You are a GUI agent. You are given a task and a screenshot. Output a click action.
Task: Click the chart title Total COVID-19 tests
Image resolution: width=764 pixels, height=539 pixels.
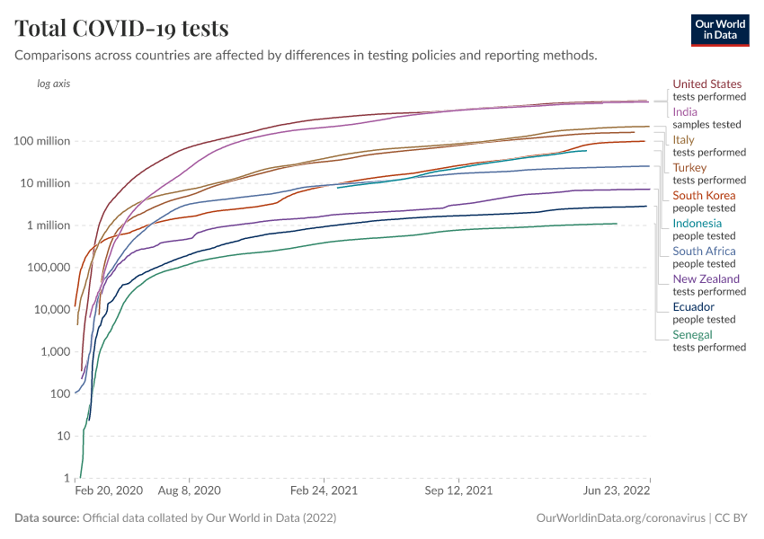tap(121, 28)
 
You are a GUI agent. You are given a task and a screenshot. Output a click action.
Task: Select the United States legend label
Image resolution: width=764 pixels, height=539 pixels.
tap(707, 84)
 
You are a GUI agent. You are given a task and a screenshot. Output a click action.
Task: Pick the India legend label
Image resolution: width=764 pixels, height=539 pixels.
tap(686, 112)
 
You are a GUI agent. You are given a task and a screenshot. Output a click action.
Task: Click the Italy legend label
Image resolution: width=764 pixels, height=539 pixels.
tap(684, 140)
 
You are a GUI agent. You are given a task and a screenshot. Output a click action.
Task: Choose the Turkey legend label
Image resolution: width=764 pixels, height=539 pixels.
tap(690, 168)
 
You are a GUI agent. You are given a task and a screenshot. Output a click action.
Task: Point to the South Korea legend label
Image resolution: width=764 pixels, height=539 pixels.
tap(705, 196)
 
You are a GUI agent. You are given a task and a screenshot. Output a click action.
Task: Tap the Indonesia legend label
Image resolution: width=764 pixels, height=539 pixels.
tap(697, 224)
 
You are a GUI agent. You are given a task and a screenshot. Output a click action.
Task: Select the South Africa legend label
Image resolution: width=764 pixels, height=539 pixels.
tap(705, 252)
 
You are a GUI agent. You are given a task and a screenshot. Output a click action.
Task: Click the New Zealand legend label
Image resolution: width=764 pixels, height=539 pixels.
tap(706, 279)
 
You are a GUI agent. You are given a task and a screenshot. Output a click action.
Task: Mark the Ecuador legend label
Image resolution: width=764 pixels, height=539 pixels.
tap(694, 307)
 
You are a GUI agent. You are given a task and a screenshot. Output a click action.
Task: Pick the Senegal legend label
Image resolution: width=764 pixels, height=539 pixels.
tap(693, 335)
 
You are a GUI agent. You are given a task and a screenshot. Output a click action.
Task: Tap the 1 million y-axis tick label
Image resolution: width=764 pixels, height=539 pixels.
tap(50, 225)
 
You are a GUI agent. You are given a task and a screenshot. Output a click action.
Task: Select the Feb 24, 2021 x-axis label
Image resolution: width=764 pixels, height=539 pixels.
tap(324, 491)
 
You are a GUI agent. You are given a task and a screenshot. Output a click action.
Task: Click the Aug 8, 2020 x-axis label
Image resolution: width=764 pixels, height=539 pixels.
tap(189, 491)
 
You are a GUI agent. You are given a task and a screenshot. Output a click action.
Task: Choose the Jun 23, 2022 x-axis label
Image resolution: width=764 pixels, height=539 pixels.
tap(616, 491)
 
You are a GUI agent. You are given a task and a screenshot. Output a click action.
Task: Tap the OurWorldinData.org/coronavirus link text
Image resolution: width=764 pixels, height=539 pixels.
tap(619, 518)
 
